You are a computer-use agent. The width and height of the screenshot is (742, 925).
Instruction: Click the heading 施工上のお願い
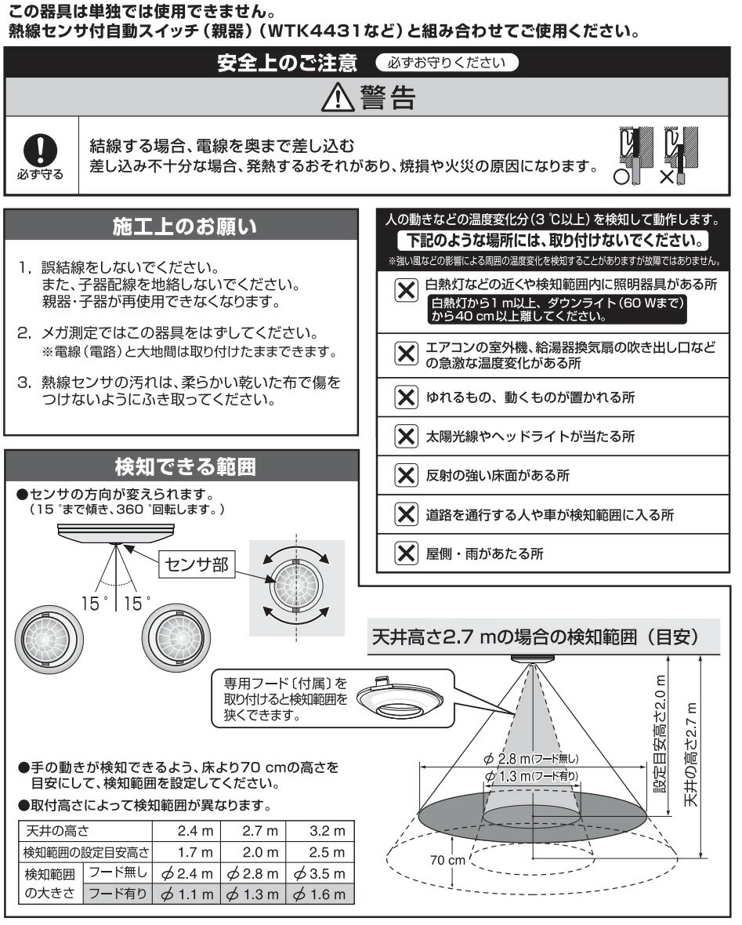coord(184,227)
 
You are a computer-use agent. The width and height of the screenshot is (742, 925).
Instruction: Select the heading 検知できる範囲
coord(184,468)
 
